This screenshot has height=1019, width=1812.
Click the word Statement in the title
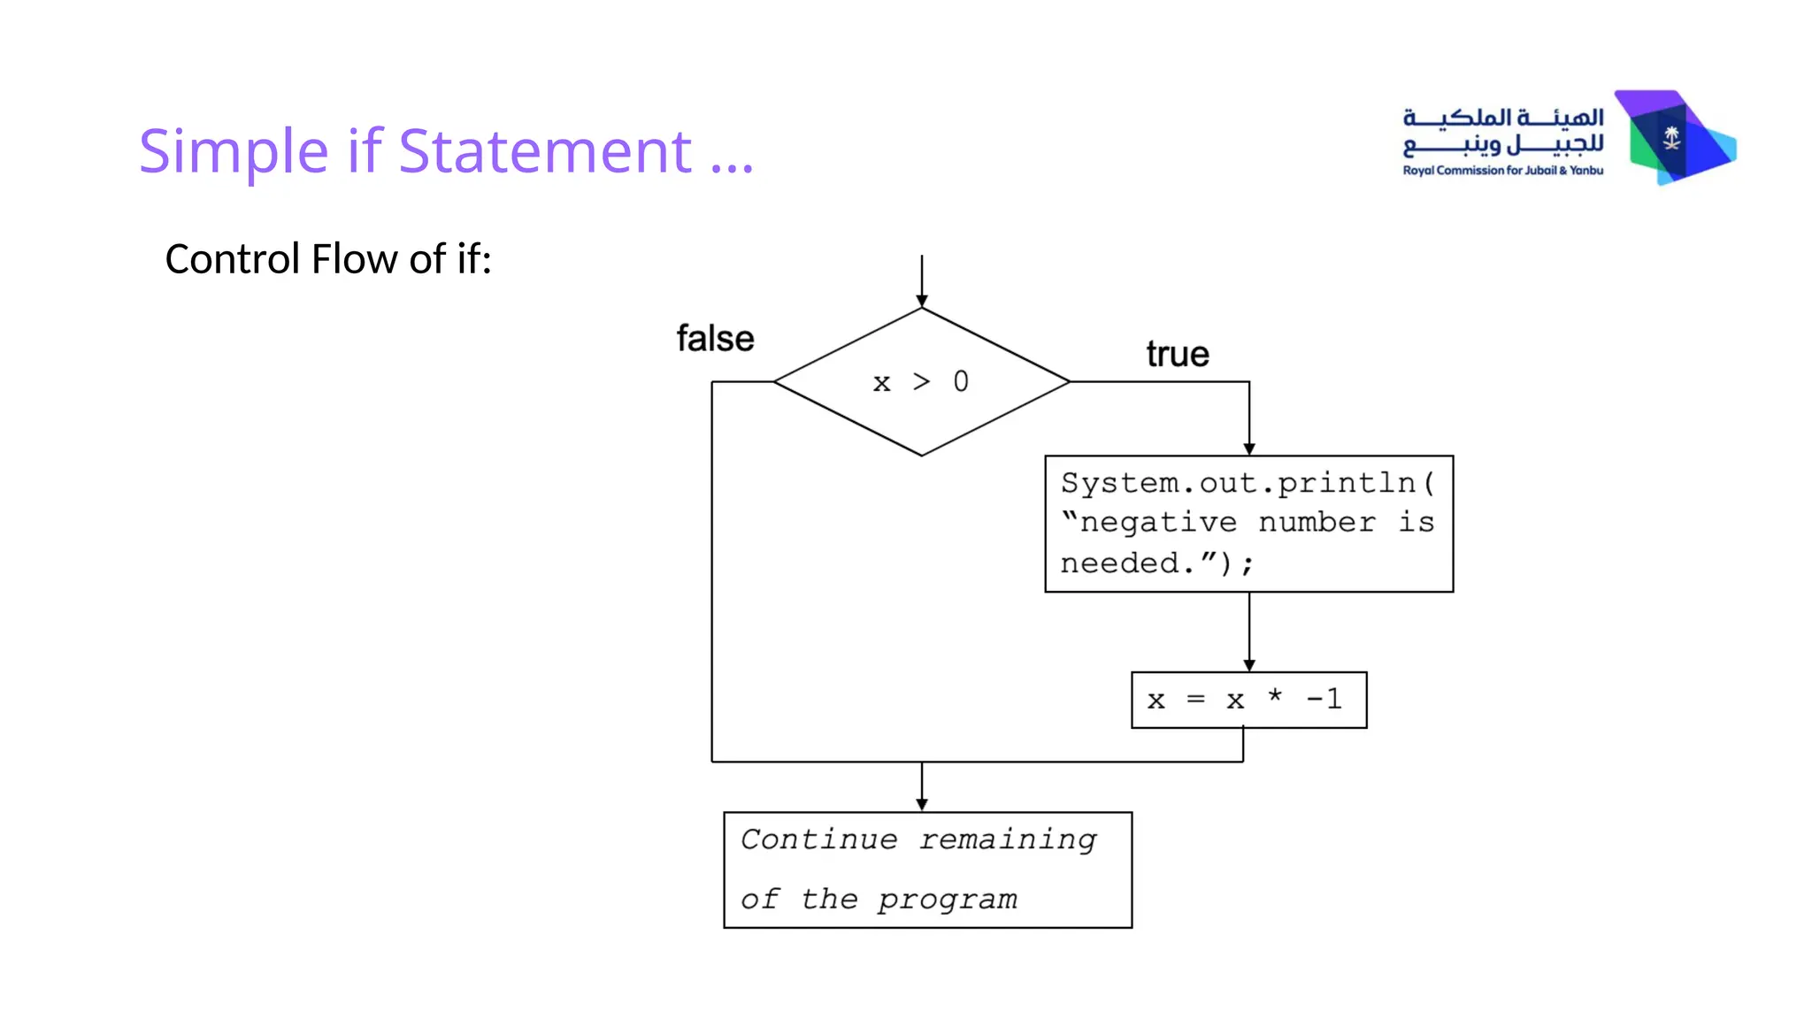pos(545,151)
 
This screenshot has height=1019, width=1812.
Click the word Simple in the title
pos(234,151)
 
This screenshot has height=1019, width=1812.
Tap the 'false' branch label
pos(715,339)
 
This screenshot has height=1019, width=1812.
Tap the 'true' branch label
pos(1177,354)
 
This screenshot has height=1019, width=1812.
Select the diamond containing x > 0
pos(921,382)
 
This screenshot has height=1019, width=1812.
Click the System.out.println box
pos(1248,524)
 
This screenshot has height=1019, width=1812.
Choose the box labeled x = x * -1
pos(1248,700)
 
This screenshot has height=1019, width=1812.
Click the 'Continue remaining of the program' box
pos(927,870)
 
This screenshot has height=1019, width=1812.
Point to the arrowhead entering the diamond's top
pos(922,302)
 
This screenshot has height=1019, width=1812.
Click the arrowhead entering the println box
pos(1249,449)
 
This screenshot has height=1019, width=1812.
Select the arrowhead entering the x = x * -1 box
pos(1249,665)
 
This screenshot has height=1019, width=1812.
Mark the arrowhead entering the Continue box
pos(922,805)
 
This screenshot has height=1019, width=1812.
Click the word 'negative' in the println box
pos(1158,524)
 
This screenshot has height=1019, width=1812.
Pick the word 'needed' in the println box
pos(1120,563)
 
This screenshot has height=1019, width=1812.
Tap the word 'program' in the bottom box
pos(948,900)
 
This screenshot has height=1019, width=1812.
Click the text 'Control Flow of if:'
pos(328,259)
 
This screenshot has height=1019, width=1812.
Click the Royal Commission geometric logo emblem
pos(1674,137)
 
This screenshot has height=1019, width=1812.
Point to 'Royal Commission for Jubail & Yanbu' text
pos(1502,171)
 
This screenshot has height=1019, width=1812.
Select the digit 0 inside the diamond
pos(961,381)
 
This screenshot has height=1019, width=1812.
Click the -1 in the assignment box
pos(1324,700)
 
